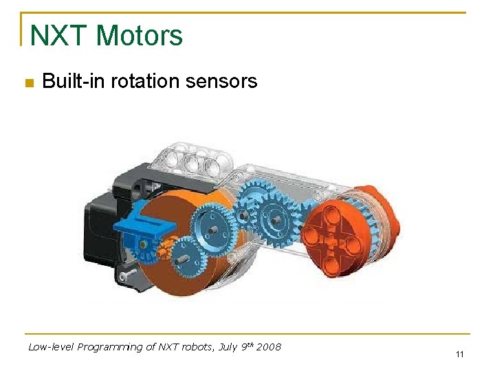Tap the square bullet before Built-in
tap(28, 83)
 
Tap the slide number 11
tap(459, 355)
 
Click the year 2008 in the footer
tap(268, 347)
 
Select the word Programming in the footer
tap(106, 348)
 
